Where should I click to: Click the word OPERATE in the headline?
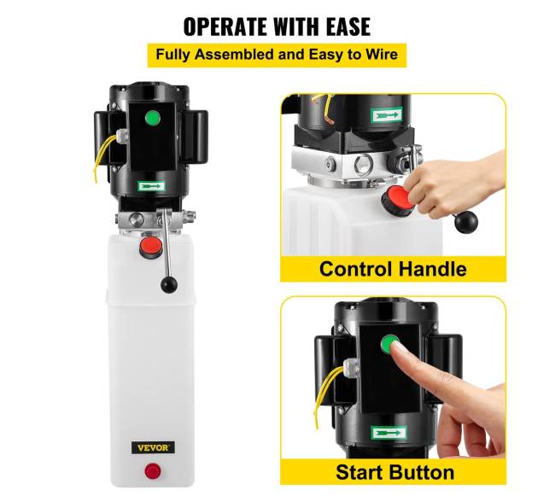(x=225, y=26)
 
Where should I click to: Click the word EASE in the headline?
(x=348, y=26)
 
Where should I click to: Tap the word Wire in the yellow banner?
(x=382, y=55)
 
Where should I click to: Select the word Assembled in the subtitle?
(x=234, y=55)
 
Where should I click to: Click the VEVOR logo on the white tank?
(x=153, y=448)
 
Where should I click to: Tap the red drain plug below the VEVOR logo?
(x=153, y=471)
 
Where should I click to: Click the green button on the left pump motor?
(x=153, y=118)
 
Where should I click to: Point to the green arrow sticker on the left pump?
(x=151, y=186)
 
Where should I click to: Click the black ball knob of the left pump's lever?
(x=169, y=285)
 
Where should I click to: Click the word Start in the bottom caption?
(x=360, y=472)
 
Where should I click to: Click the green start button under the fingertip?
(x=388, y=344)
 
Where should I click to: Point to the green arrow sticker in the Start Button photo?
(x=388, y=433)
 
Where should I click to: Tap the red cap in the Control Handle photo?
(x=399, y=201)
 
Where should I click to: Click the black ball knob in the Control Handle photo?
(x=466, y=222)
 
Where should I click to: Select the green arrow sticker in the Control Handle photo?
(x=387, y=115)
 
